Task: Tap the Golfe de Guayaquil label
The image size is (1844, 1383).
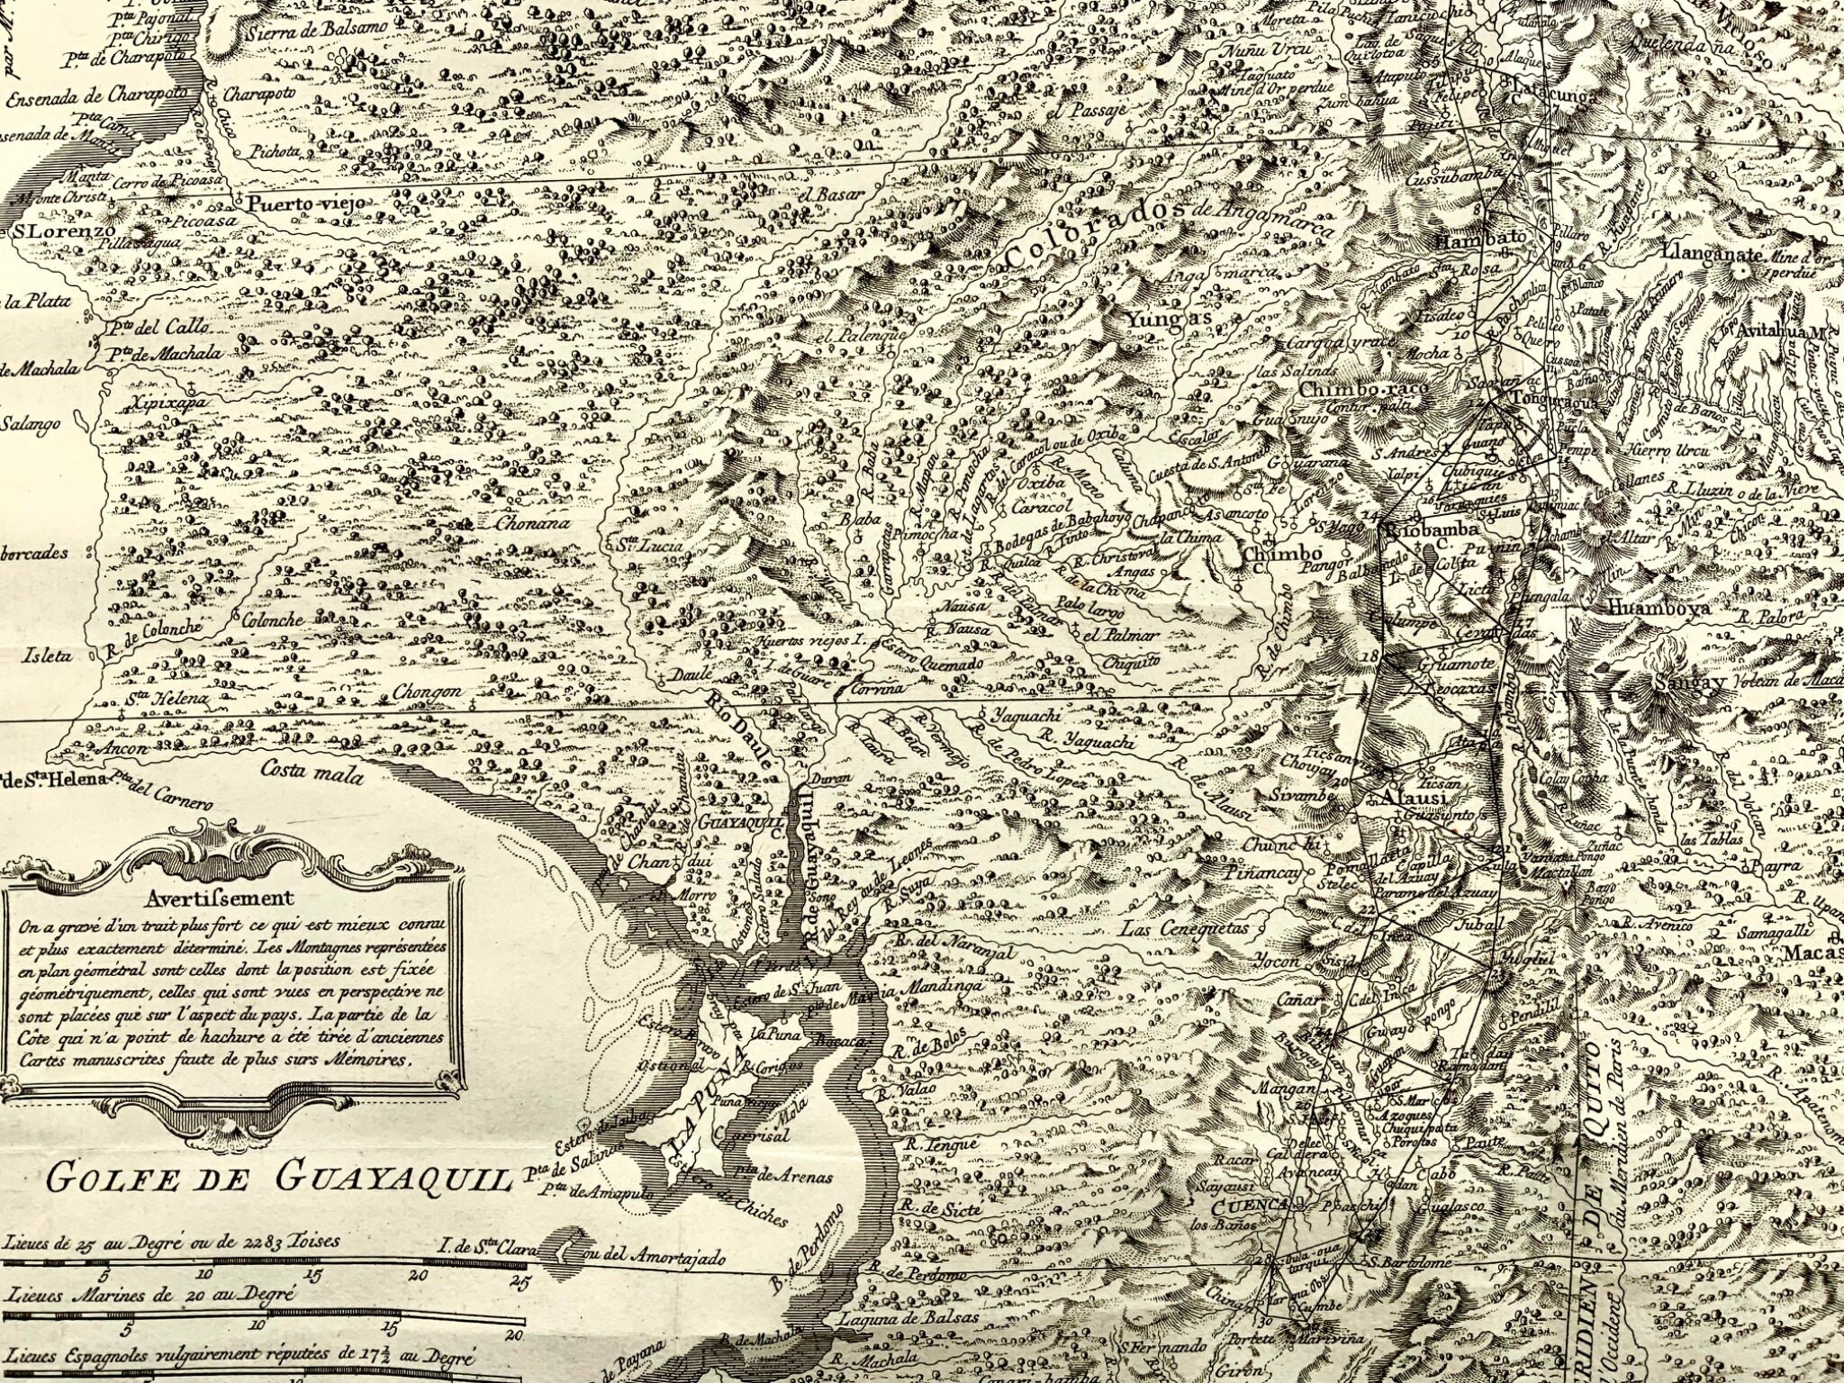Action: pos(278,1177)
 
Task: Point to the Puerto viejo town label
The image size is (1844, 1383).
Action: pos(307,203)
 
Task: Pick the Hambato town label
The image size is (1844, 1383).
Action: pos(1475,241)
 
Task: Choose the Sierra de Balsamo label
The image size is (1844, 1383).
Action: pos(314,27)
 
